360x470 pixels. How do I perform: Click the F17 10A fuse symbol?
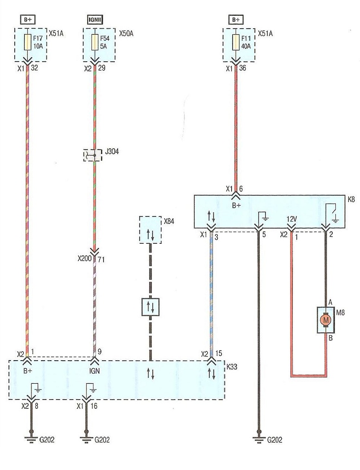[27, 42]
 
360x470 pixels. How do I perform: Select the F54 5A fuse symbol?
[95, 42]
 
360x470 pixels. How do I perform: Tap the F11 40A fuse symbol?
[236, 42]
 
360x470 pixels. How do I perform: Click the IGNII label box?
[95, 20]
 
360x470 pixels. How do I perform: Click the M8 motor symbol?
[326, 320]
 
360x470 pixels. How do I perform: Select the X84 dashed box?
[151, 230]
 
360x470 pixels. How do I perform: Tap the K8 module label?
[351, 199]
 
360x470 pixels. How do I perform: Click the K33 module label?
[232, 367]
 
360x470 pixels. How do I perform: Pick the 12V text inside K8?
[292, 219]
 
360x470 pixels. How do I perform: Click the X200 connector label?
[84, 258]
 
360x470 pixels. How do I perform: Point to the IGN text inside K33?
[95, 371]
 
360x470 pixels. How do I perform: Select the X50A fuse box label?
[126, 33]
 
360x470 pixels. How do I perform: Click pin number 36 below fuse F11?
[242, 68]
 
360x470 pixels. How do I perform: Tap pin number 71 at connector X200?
[101, 259]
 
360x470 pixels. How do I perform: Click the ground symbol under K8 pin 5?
[259, 440]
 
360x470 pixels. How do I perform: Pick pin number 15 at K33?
[219, 354]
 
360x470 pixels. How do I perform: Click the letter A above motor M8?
[330, 303]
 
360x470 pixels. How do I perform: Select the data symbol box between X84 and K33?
[151, 307]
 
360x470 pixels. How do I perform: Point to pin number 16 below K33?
[94, 406]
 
